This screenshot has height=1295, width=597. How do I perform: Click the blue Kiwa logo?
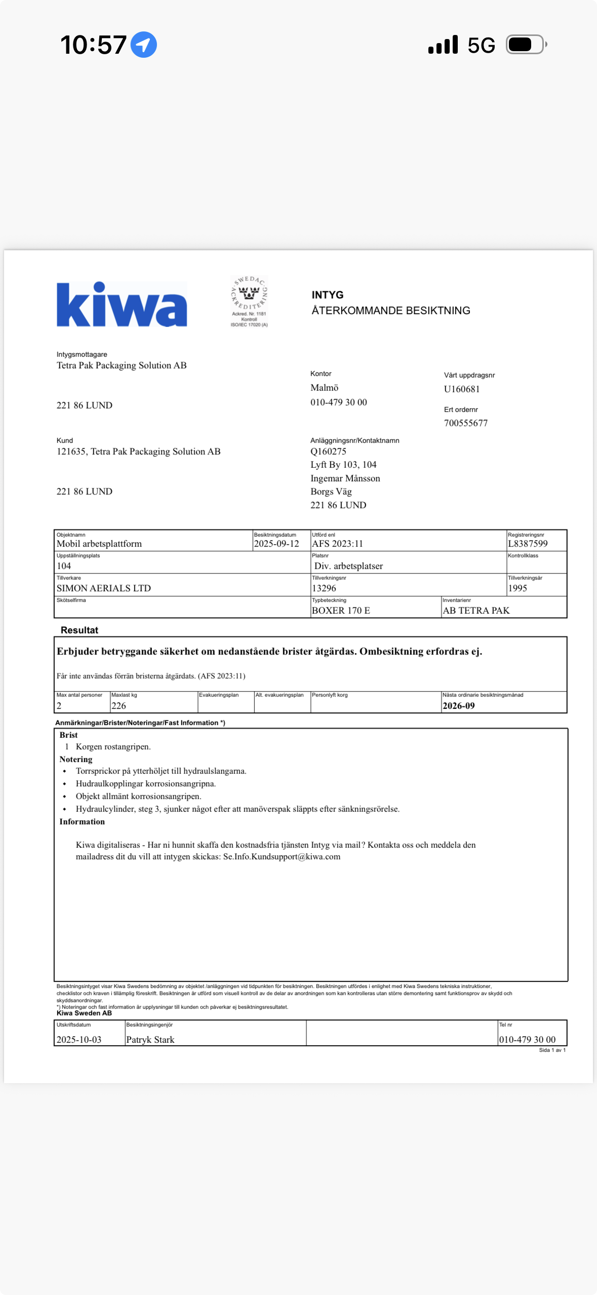[122, 304]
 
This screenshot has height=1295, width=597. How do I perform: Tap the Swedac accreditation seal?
[249, 301]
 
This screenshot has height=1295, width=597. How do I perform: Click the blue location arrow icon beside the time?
[144, 45]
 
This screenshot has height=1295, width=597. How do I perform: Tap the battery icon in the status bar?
[526, 45]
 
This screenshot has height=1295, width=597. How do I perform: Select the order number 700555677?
[465, 423]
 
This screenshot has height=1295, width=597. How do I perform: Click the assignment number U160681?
[461, 389]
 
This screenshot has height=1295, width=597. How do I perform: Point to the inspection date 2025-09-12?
[276, 544]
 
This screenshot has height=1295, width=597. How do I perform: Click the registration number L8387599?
[528, 544]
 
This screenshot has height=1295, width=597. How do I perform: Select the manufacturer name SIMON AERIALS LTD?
[104, 588]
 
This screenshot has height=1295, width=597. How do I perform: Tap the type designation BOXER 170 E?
[341, 611]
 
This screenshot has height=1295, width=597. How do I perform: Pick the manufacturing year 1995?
[518, 588]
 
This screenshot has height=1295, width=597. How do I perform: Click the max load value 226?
[118, 706]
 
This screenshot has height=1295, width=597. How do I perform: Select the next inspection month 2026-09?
[458, 706]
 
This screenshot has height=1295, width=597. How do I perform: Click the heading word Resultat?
[79, 630]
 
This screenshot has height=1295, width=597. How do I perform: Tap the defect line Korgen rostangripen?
[113, 747]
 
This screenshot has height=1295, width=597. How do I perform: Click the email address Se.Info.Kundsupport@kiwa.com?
[282, 857]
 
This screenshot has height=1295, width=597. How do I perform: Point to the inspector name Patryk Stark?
[150, 1040]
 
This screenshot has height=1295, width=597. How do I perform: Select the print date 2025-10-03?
[79, 1040]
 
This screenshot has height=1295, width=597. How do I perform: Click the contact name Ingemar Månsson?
[345, 478]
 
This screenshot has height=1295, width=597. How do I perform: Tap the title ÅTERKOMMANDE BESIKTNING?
[391, 311]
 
